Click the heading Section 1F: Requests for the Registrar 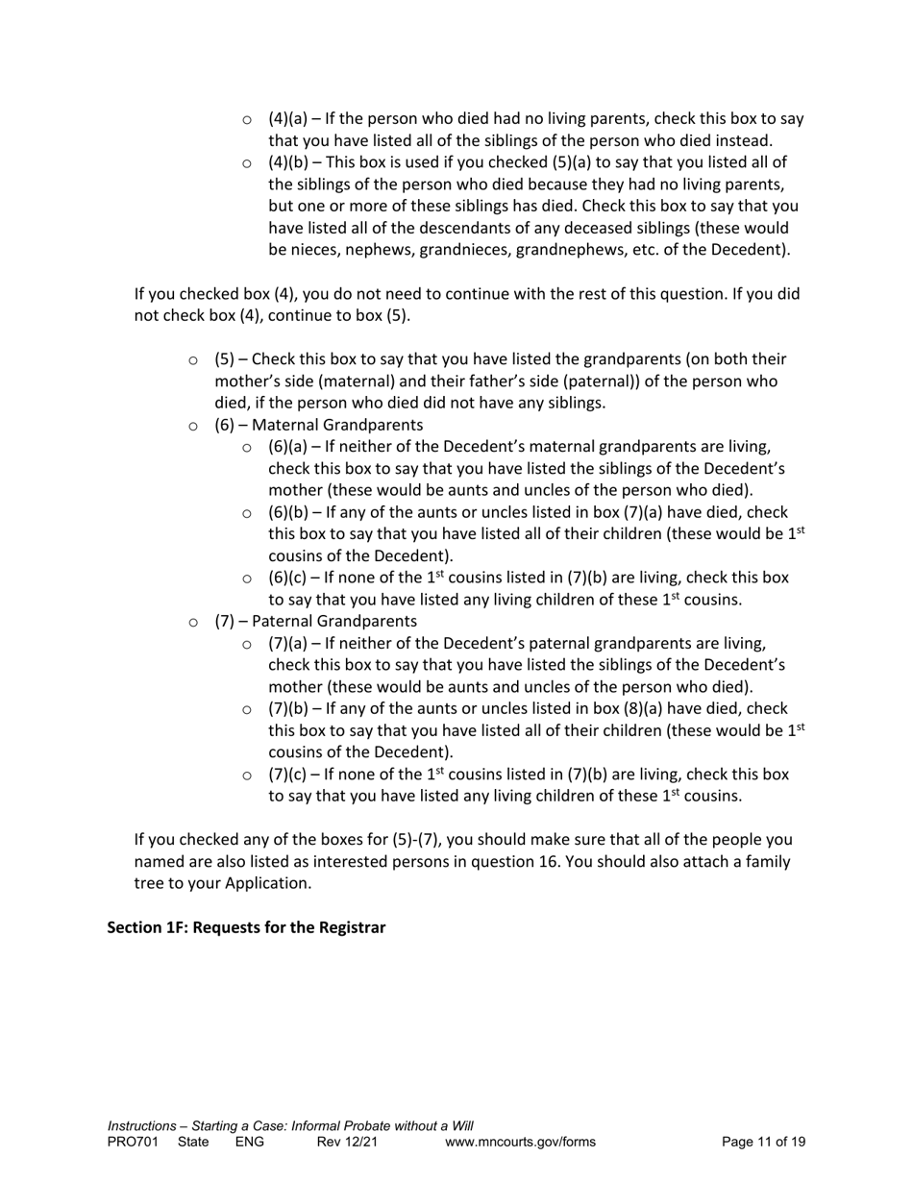(x=246, y=927)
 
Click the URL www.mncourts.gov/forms (x=520, y=1142)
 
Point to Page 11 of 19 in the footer (x=763, y=1142)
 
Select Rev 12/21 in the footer (x=347, y=1142)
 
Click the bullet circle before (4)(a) (x=247, y=120)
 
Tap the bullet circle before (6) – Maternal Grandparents (x=193, y=426)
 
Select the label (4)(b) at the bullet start (x=288, y=162)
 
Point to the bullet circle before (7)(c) (x=247, y=776)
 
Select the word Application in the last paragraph (x=266, y=883)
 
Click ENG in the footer (x=249, y=1142)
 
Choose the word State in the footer (x=193, y=1142)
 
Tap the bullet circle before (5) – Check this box (x=193, y=360)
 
